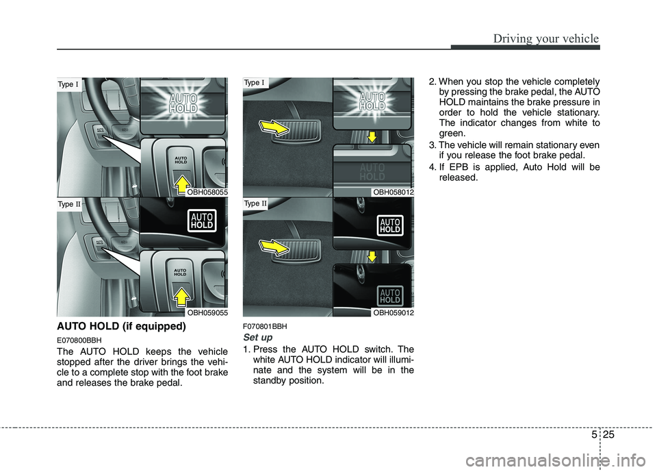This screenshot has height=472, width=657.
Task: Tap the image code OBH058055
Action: (x=206, y=193)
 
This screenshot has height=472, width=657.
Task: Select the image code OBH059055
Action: (x=206, y=312)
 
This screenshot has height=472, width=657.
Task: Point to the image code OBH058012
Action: (x=392, y=193)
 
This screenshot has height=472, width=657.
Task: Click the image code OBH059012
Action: (x=392, y=312)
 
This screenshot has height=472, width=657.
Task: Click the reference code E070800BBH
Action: (x=79, y=340)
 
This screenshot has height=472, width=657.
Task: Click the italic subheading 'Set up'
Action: (x=258, y=338)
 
